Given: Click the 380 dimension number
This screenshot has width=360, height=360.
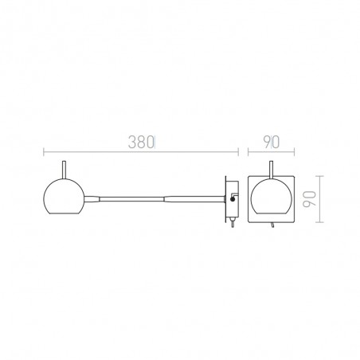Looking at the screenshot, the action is [141, 142].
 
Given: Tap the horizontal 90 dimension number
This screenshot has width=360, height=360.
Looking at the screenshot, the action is [272, 142].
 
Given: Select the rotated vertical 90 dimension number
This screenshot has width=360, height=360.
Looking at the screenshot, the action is [310, 199].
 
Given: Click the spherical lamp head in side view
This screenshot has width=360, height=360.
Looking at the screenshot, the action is [64, 196].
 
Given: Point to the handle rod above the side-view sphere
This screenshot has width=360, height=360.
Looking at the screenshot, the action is [64, 170].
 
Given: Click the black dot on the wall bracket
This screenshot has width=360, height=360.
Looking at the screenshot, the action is [233, 199].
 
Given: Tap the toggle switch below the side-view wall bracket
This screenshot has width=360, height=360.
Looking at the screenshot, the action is [233, 222].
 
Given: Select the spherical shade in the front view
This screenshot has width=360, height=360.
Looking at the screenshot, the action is [272, 196].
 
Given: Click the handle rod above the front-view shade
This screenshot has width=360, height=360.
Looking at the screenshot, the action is [271, 170].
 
